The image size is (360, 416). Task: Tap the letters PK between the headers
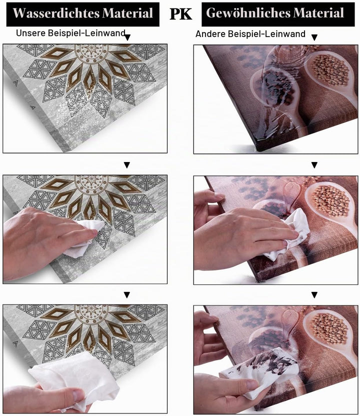[x=180, y=14]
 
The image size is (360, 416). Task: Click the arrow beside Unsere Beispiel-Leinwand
[x=127, y=37]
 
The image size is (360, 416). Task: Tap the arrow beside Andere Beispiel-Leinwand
[x=314, y=37]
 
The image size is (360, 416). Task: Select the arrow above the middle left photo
[x=127, y=165]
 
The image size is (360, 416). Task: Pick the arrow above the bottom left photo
[x=127, y=295]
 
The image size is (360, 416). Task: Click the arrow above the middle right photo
[x=314, y=165]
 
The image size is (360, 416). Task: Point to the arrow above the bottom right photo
[x=314, y=295]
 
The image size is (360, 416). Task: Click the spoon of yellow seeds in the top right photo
[x=330, y=73]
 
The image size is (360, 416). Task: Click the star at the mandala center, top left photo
[x=92, y=49]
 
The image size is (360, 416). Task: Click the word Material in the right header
[x=319, y=13]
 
